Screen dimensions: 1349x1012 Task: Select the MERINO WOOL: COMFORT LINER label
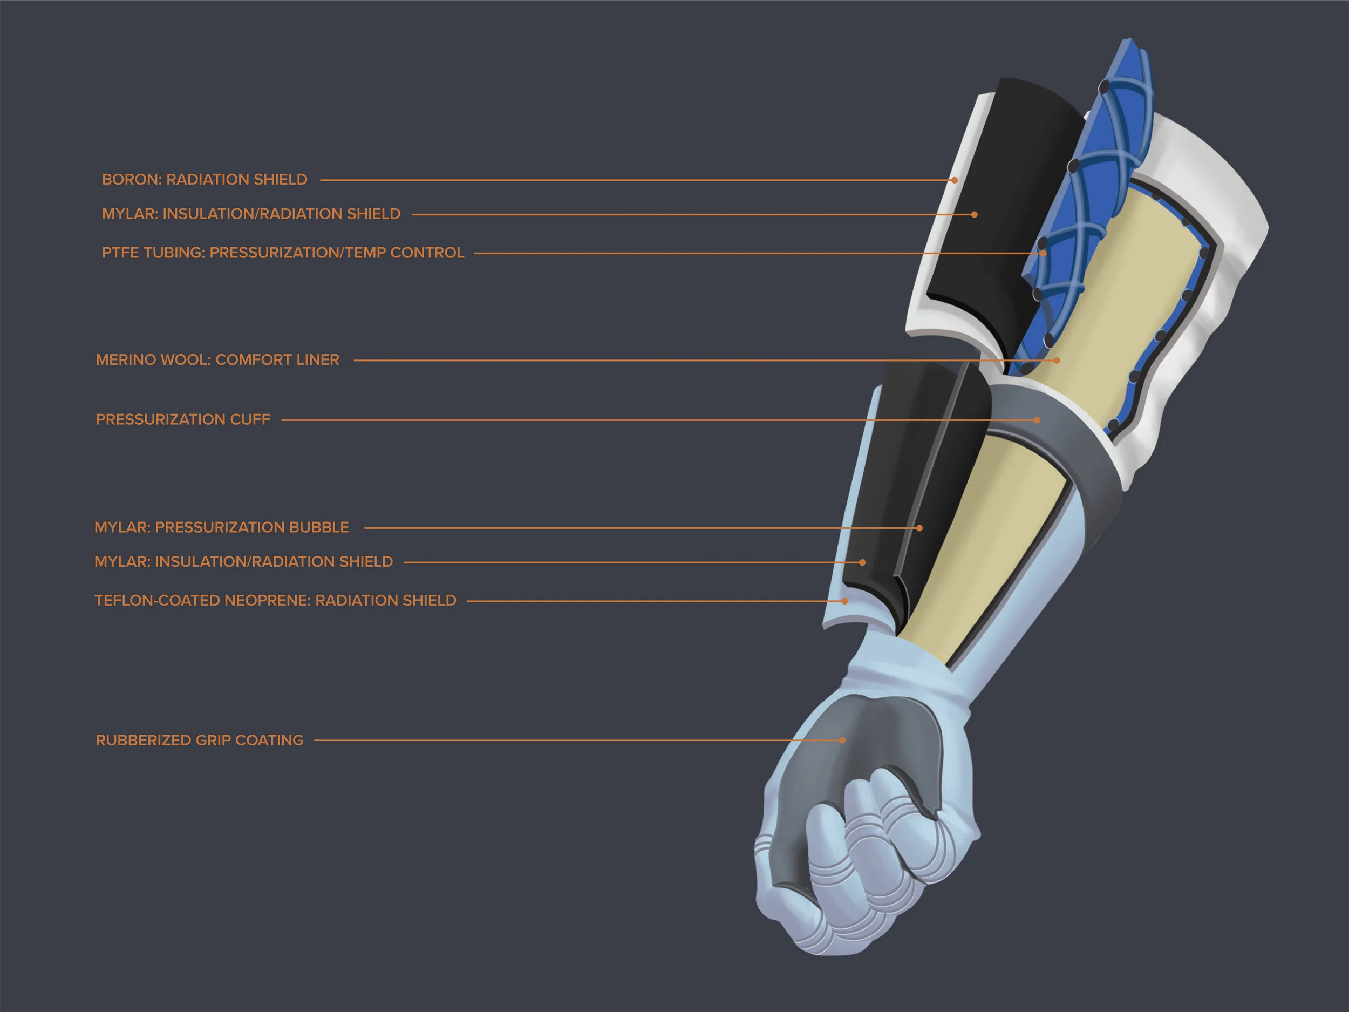(217, 360)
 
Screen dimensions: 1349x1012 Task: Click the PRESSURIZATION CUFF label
(182, 420)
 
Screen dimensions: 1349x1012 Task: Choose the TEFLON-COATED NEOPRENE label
(275, 600)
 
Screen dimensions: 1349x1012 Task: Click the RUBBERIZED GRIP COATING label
(200, 740)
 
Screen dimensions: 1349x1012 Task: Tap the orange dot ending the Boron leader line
(955, 180)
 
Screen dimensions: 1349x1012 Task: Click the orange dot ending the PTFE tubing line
(1044, 253)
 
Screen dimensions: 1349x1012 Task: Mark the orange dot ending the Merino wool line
(1057, 361)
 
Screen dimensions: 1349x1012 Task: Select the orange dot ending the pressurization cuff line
(1037, 420)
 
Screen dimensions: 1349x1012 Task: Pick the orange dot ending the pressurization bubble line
(919, 528)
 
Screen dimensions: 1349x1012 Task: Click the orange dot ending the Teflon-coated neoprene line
(845, 601)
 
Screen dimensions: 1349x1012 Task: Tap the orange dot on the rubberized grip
(843, 741)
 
